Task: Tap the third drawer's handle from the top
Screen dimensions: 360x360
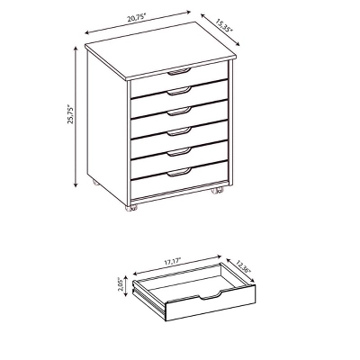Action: tap(179, 109)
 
